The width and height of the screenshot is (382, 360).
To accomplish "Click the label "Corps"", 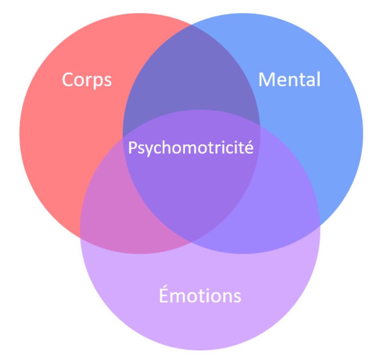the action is tap(87, 80).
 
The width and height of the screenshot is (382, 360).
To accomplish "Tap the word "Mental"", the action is tap(289, 79).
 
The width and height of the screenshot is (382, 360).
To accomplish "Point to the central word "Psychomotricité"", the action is tap(191, 147).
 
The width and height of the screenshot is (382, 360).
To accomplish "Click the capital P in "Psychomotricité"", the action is tap(132, 147).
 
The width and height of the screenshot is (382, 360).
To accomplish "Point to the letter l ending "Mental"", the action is tap(319, 79).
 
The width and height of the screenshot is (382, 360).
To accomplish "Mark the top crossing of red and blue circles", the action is tap(191, 24).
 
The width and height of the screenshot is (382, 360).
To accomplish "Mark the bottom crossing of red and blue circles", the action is tap(191, 242).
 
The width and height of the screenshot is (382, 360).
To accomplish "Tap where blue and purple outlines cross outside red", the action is tap(320, 225).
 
